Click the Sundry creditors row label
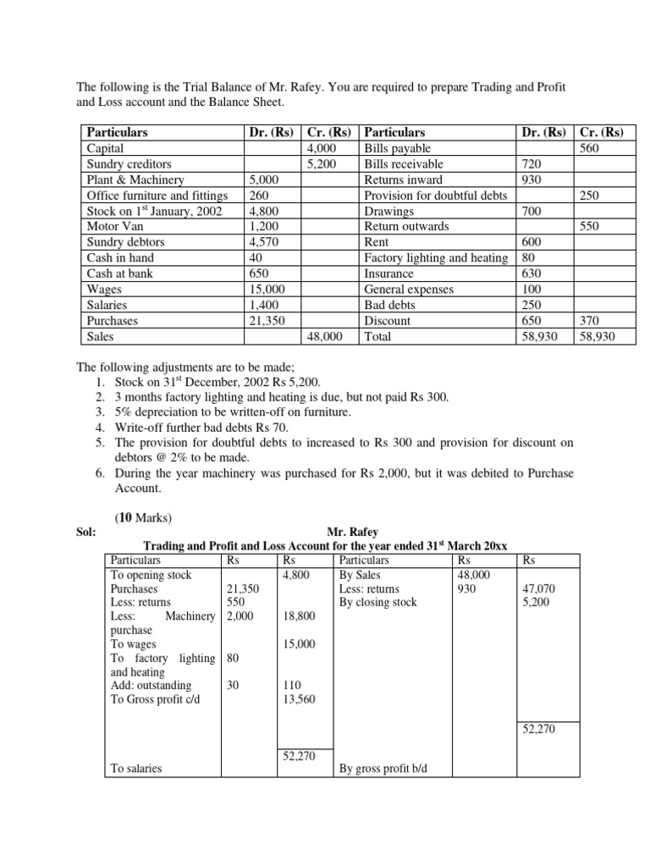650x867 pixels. point(129,164)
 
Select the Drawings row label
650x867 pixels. point(389,211)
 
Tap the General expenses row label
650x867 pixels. point(409,290)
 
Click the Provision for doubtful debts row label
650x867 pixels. point(436,196)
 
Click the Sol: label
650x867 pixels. point(86,532)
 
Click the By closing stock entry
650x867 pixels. point(377,603)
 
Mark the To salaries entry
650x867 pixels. point(136,769)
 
